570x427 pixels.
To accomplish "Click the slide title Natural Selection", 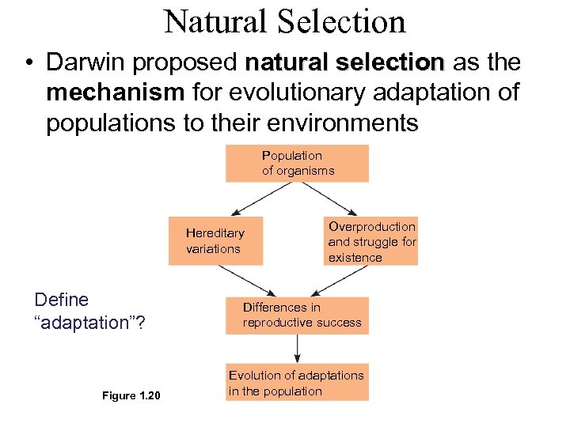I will click(284, 21).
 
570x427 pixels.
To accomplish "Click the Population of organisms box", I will click(297, 163).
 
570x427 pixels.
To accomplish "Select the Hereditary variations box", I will click(215, 241).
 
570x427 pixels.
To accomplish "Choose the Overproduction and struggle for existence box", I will click(370, 242).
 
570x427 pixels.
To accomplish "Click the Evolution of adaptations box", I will click(297, 383).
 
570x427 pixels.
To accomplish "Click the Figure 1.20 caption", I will click(131, 395).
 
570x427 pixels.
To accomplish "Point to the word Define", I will click(62, 300).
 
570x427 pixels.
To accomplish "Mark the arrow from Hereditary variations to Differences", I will click(247, 280).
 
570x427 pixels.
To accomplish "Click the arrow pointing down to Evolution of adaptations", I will click(297, 349).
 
